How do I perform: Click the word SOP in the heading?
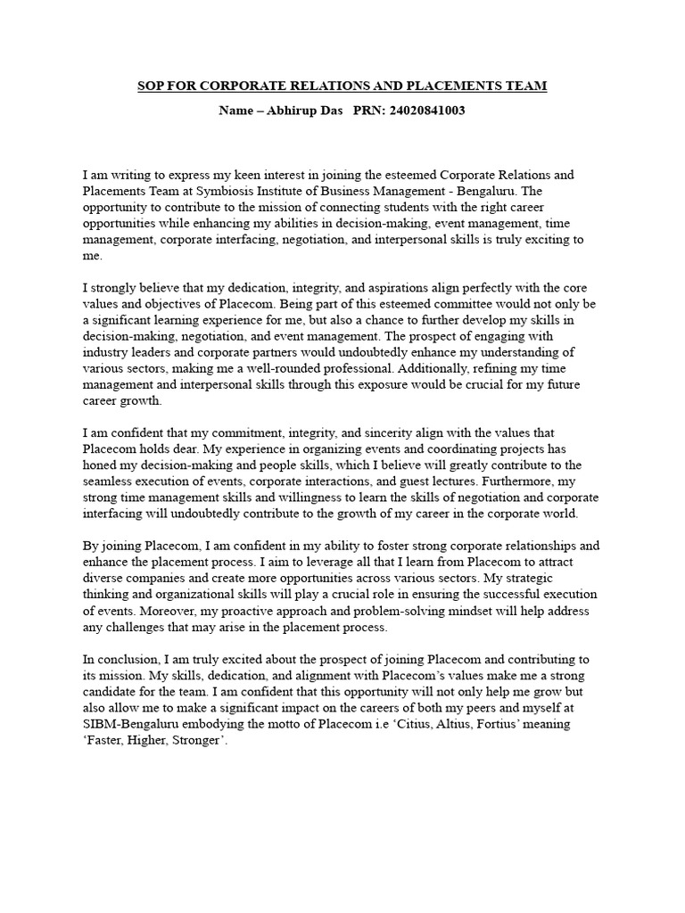pyautogui.click(x=150, y=86)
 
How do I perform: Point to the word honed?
pyautogui.click(x=99, y=465)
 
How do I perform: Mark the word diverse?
pyautogui.click(x=104, y=578)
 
